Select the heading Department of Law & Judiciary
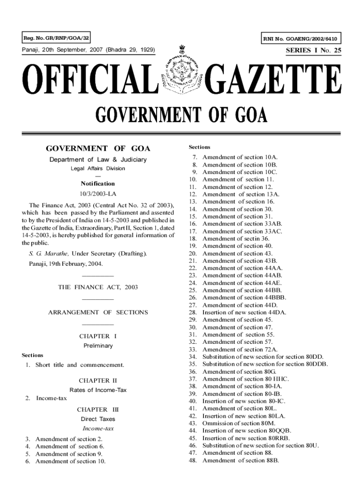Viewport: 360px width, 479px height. click(x=98, y=160)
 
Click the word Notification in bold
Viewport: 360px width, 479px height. click(x=98, y=183)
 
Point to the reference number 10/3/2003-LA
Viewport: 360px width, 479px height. click(x=98, y=194)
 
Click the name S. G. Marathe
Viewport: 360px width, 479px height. click(x=49, y=254)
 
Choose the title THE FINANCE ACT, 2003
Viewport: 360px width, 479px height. click(x=98, y=287)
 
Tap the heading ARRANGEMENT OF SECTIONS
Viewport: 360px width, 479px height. click(x=98, y=312)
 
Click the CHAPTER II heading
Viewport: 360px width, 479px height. click(x=98, y=380)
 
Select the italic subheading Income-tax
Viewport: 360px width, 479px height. click(x=98, y=428)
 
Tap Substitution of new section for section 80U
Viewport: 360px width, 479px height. click(x=260, y=445)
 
